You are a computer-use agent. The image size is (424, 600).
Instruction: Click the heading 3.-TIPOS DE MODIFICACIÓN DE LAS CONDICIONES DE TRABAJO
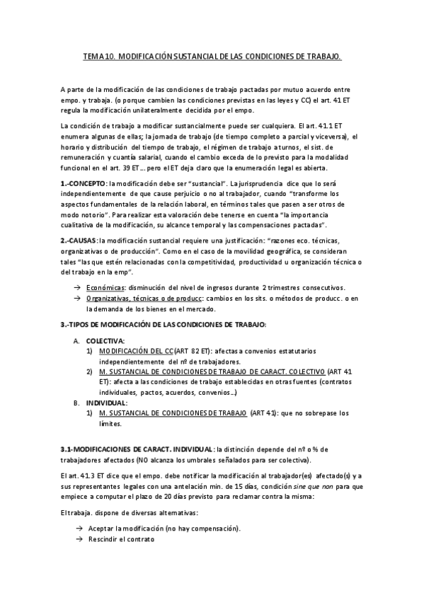(164, 324)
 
